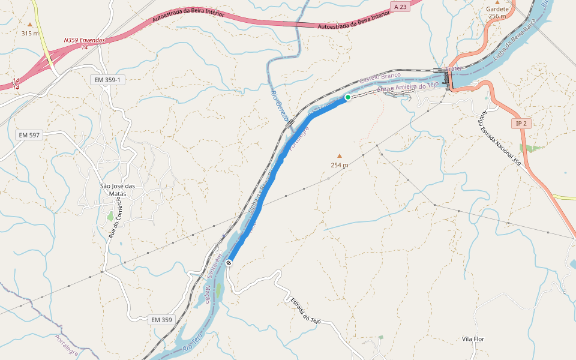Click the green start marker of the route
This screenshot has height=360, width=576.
(347, 97)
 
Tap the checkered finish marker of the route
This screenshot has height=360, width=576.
(229, 263)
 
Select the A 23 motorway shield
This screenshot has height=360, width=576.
(401, 6)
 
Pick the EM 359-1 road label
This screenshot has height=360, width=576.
(107, 80)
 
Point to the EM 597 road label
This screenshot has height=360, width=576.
(28, 135)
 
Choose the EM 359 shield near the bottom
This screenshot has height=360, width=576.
(161, 320)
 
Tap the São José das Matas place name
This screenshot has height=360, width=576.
(117, 189)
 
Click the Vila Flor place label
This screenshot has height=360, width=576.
(473, 339)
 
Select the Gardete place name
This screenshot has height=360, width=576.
(497, 10)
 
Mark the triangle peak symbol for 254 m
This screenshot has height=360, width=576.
(339, 155)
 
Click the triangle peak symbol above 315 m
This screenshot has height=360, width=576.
(30, 24)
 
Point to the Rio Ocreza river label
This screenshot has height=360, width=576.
(280, 103)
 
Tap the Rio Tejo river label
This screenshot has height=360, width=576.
(191, 344)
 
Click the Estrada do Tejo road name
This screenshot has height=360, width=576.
(305, 311)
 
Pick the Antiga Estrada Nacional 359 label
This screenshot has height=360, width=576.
(499, 138)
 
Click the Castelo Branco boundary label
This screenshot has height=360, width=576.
(379, 78)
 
